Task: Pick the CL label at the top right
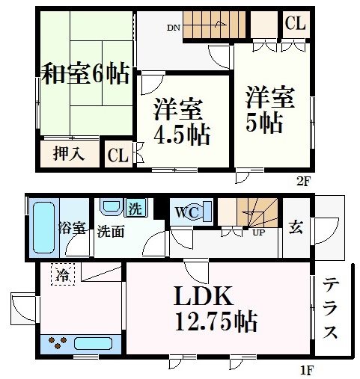coord(295,24)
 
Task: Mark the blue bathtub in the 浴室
coord(42,225)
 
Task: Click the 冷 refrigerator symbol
coord(64,274)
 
